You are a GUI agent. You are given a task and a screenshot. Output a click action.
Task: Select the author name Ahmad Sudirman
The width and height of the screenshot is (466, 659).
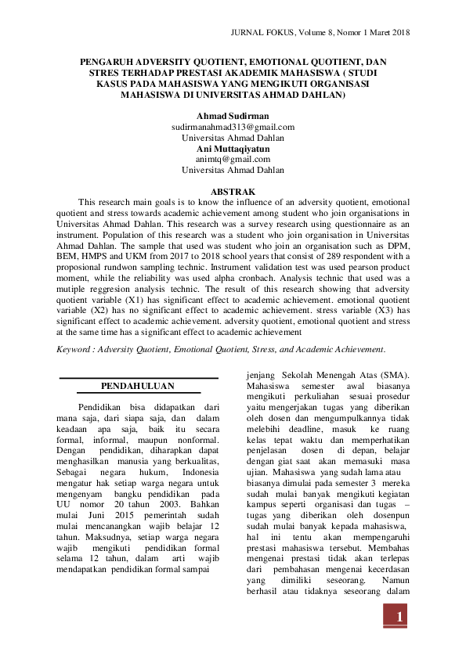233,116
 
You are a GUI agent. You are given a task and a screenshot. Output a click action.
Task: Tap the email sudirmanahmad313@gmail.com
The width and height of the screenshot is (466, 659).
233,127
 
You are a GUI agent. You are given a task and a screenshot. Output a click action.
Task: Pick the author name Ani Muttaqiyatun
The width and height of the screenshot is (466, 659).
233,148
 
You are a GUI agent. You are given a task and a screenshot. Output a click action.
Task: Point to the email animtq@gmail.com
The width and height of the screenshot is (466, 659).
233,159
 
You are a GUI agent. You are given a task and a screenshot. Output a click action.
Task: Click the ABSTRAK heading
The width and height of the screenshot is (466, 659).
233,191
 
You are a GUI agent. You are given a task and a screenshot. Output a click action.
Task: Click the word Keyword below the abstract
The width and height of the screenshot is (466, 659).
77,348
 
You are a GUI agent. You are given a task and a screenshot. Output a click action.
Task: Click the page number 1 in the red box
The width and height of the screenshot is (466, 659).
399,618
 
